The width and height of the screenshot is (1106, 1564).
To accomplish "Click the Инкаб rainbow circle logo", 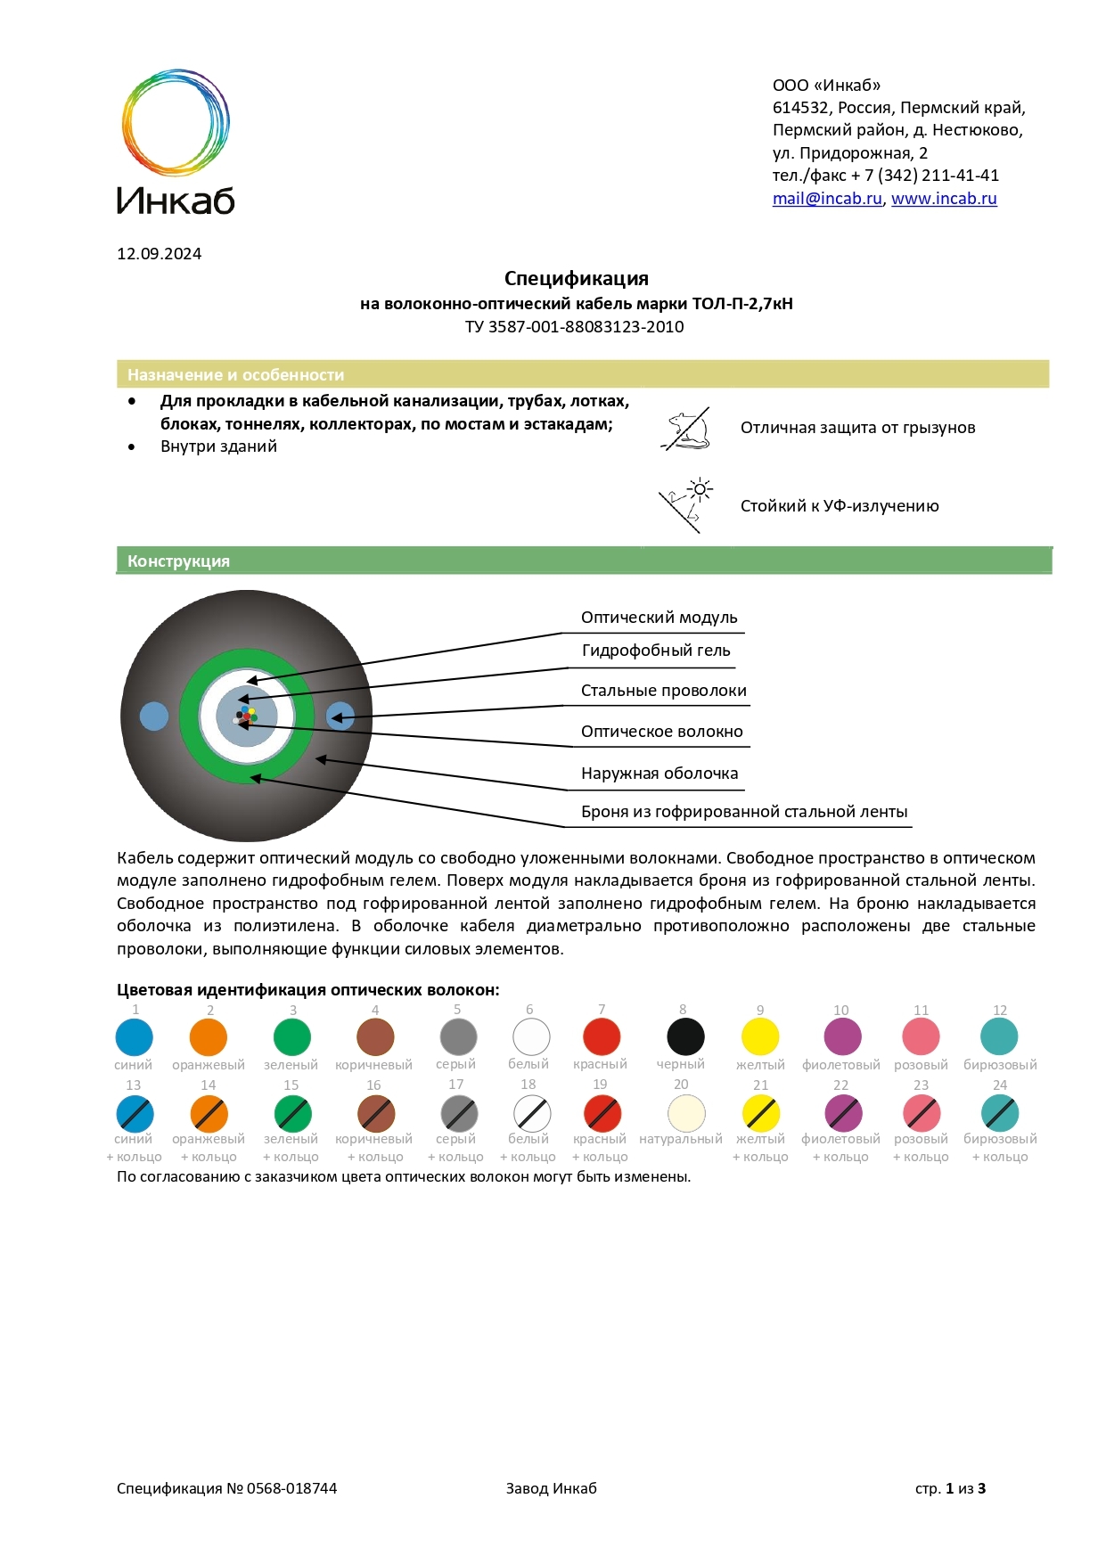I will click(x=176, y=122).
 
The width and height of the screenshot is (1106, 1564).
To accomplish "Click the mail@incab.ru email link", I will click(x=826, y=199).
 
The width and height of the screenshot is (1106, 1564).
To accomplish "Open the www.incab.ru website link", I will click(x=944, y=199).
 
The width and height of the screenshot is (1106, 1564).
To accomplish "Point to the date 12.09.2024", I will click(x=159, y=254).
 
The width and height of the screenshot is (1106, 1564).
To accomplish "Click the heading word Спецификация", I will click(x=576, y=279).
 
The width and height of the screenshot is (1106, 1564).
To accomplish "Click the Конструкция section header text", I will click(x=178, y=561).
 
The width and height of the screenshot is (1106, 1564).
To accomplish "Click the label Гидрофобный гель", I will click(x=656, y=651).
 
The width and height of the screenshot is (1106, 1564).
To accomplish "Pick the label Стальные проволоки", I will click(x=663, y=691).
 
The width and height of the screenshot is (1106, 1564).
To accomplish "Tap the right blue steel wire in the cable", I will click(x=340, y=716).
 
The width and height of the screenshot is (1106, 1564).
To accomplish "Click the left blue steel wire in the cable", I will click(x=154, y=716).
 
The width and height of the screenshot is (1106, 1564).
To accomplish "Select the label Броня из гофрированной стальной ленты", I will click(x=743, y=812).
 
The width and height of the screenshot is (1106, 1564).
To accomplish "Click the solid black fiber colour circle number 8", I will click(x=685, y=1036).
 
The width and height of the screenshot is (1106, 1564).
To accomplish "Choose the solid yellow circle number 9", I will click(x=760, y=1036).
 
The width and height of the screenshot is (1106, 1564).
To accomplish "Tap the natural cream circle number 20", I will click(x=685, y=1113).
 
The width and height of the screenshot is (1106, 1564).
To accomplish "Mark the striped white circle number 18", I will click(x=532, y=1113).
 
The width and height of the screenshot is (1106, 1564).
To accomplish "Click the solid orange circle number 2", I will click(x=209, y=1037).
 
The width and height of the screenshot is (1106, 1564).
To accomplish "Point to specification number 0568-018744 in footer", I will click(x=291, y=1488).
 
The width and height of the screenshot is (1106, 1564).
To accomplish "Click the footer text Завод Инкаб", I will click(x=551, y=1488).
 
